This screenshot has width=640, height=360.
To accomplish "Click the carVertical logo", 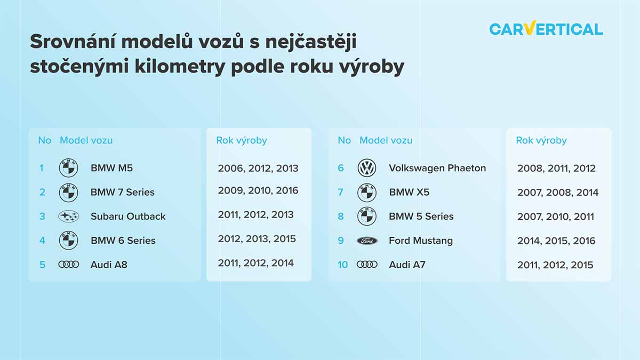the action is click(546, 28).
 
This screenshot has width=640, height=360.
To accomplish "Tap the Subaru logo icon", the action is click(69, 217).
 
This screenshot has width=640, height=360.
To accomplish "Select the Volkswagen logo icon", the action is click(367, 167).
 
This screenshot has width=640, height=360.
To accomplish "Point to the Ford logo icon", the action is click(367, 241).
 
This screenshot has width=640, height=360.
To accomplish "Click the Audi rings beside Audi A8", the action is click(69, 265).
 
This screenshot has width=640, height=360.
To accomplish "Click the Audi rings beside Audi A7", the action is click(367, 265).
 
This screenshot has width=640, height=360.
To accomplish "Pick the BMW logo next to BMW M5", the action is click(69, 167).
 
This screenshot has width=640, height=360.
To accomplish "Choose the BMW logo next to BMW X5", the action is click(367, 193).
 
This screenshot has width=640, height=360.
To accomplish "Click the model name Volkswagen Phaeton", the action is click(437, 168).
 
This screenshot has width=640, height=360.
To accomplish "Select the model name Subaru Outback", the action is click(128, 217).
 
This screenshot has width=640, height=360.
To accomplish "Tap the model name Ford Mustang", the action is click(421, 241).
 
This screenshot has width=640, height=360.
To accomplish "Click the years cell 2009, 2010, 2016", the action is click(258, 190).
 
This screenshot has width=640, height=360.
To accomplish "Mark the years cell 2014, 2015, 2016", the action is click(556, 241).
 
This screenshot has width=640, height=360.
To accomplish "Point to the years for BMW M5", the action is click(258, 169).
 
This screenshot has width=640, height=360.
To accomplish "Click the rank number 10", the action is click(342, 265).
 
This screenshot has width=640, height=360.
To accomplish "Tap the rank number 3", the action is click(42, 217).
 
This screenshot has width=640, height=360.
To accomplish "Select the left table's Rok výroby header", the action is click(242, 140).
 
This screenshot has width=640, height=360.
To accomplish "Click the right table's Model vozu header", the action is click(386, 140).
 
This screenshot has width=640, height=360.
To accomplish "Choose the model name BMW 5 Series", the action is click(421, 217).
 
